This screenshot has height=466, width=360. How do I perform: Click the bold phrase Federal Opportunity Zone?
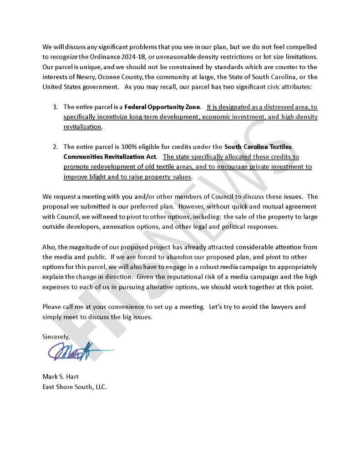[x=162, y=107]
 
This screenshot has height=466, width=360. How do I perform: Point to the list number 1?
[x=55, y=107]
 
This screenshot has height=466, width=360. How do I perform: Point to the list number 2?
[x=55, y=147]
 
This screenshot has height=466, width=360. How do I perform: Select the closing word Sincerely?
[x=56, y=337]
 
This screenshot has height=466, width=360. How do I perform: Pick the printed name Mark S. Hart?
[x=61, y=377]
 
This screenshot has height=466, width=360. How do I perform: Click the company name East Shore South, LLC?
[x=74, y=387]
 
